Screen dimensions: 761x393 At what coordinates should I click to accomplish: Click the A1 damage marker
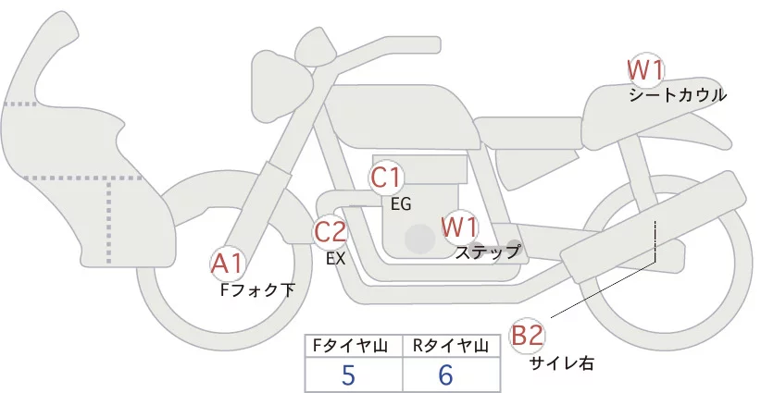point(228,264)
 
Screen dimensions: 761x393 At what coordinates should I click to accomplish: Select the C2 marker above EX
point(330,231)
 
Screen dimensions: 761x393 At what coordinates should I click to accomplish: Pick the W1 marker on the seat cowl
point(645,68)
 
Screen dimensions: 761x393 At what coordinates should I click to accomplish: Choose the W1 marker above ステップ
point(459,226)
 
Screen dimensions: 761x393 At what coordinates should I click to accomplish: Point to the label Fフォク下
point(257,289)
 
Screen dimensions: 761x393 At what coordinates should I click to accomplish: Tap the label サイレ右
point(561,363)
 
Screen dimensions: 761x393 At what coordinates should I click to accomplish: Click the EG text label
point(401,203)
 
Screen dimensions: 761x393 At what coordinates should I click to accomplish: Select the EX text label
point(335,259)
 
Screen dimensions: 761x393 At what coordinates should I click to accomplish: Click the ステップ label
point(487,251)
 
